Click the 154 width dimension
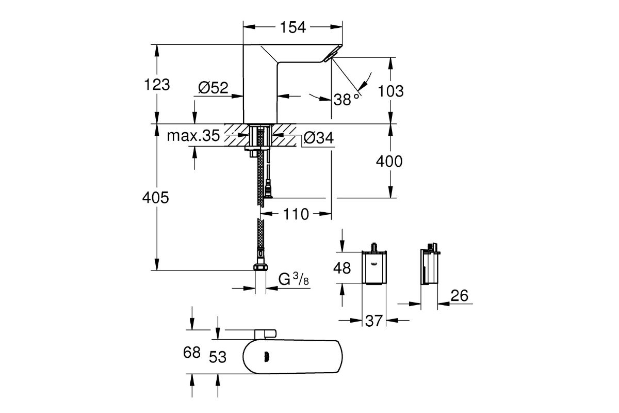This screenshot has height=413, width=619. click(293, 27)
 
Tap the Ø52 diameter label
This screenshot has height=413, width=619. click(212, 88)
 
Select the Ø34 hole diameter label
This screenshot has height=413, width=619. click(317, 138)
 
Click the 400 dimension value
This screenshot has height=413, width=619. click(389, 162)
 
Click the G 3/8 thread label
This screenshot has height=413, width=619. click(292, 280)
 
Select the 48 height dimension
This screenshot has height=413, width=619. click(341, 268)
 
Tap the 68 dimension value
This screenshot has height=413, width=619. click(192, 353)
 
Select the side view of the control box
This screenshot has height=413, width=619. click(429, 267)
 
